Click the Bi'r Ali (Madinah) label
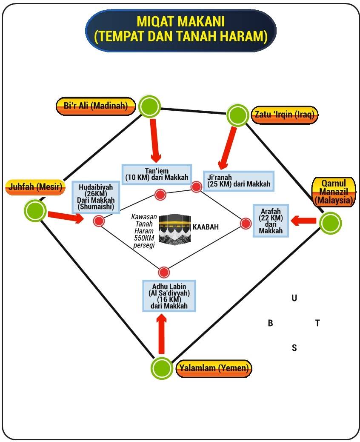(x=96, y=106)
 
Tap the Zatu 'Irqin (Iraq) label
(x=285, y=115)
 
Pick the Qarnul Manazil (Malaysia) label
(x=334, y=192)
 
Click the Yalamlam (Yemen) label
(x=214, y=368)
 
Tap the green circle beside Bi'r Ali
(x=149, y=106)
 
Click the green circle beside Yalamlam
(x=162, y=368)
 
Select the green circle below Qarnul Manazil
(x=330, y=223)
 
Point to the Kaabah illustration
(x=174, y=229)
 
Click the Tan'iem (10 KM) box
(x=157, y=175)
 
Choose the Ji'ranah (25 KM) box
(x=239, y=181)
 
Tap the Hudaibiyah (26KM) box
(x=96, y=197)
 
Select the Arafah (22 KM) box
(x=271, y=221)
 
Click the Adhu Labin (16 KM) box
(x=169, y=296)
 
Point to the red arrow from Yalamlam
(x=161, y=334)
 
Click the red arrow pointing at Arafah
(x=303, y=221)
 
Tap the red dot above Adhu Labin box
(x=164, y=272)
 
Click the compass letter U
(x=294, y=298)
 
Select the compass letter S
(x=294, y=348)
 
